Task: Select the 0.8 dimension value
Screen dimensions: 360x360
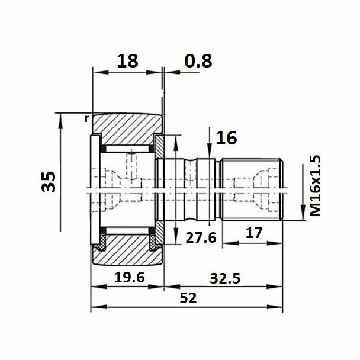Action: click(x=198, y=61)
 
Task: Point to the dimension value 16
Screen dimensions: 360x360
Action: click(x=226, y=138)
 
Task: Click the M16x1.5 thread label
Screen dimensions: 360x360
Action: click(x=315, y=185)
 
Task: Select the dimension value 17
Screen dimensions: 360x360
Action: click(x=253, y=233)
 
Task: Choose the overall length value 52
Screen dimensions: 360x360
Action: click(x=188, y=298)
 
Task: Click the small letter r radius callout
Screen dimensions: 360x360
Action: click(x=86, y=118)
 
